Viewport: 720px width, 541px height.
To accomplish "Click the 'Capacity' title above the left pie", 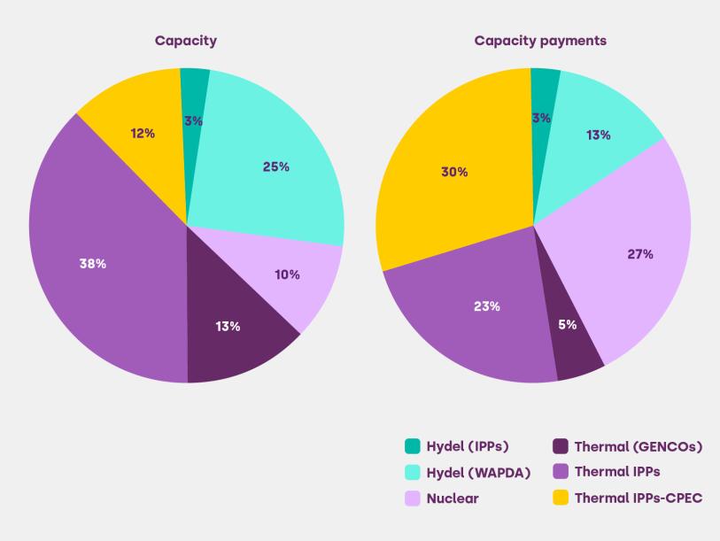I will tap(186, 41).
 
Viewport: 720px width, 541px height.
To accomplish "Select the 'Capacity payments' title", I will tap(540, 41).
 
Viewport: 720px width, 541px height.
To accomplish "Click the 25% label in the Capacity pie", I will tap(275, 166).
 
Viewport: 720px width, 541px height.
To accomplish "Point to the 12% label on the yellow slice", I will tap(142, 133).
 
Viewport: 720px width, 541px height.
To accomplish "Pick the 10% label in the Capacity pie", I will tap(287, 274).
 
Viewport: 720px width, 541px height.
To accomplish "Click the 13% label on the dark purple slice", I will tap(228, 326).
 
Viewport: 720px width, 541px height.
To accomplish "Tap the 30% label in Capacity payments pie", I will tap(454, 172).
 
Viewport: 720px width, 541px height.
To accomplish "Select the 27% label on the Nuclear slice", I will tap(639, 254).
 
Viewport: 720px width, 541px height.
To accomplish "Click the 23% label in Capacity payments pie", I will tap(487, 306).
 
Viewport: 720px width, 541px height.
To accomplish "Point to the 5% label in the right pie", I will tap(567, 324).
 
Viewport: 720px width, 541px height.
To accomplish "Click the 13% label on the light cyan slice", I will tap(597, 135).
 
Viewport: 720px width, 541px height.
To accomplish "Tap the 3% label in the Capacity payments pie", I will tap(542, 118).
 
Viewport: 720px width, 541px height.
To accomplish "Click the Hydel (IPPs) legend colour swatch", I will tap(413, 447).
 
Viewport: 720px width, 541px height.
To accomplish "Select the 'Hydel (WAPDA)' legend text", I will tap(478, 473).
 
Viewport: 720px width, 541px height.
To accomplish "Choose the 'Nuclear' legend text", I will tap(453, 498).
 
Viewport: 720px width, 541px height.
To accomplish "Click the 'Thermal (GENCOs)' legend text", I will tap(639, 447).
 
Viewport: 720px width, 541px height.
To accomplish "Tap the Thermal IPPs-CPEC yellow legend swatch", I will tap(561, 498).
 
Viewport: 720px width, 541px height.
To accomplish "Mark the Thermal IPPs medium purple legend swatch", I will tap(561, 473).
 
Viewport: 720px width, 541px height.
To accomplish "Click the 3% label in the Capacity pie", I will tap(193, 120).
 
